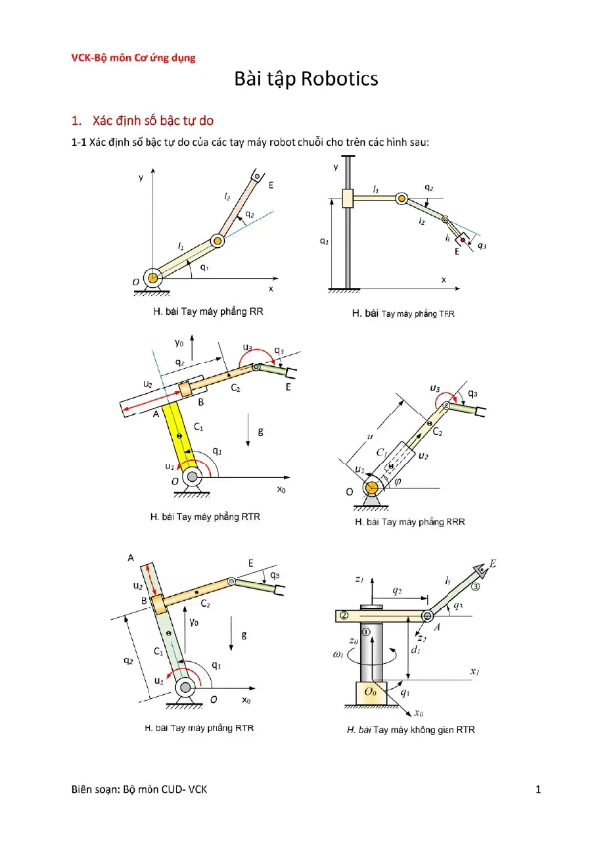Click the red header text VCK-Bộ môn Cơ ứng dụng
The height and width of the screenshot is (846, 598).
tap(133, 58)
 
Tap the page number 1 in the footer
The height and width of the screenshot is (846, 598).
tap(538, 789)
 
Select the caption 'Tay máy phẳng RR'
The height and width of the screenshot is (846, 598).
tap(222, 312)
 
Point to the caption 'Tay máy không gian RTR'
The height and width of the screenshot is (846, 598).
tap(424, 730)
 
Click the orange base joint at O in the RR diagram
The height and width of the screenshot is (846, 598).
tap(152, 278)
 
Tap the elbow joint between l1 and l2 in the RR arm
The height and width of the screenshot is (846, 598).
tap(217, 240)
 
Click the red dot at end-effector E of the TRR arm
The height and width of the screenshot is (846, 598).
tap(463, 240)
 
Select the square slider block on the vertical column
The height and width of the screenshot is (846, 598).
tap(348, 199)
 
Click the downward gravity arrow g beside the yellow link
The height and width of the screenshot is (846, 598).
tap(248, 430)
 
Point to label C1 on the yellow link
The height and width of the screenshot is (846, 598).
tap(198, 427)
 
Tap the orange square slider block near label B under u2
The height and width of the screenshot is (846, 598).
tap(185, 389)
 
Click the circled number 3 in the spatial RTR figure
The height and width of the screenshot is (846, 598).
tap(475, 586)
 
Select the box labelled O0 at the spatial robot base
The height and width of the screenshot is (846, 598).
tap(371, 693)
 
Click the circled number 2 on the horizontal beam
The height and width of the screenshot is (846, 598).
tap(344, 615)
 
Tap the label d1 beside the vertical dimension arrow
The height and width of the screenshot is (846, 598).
tap(416, 649)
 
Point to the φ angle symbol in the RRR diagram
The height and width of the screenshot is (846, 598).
tap(397, 481)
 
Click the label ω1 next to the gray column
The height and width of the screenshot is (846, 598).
tap(338, 654)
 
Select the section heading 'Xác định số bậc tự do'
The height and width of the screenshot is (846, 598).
tap(153, 120)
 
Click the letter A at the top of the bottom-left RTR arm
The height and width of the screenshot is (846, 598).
tap(131, 557)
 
